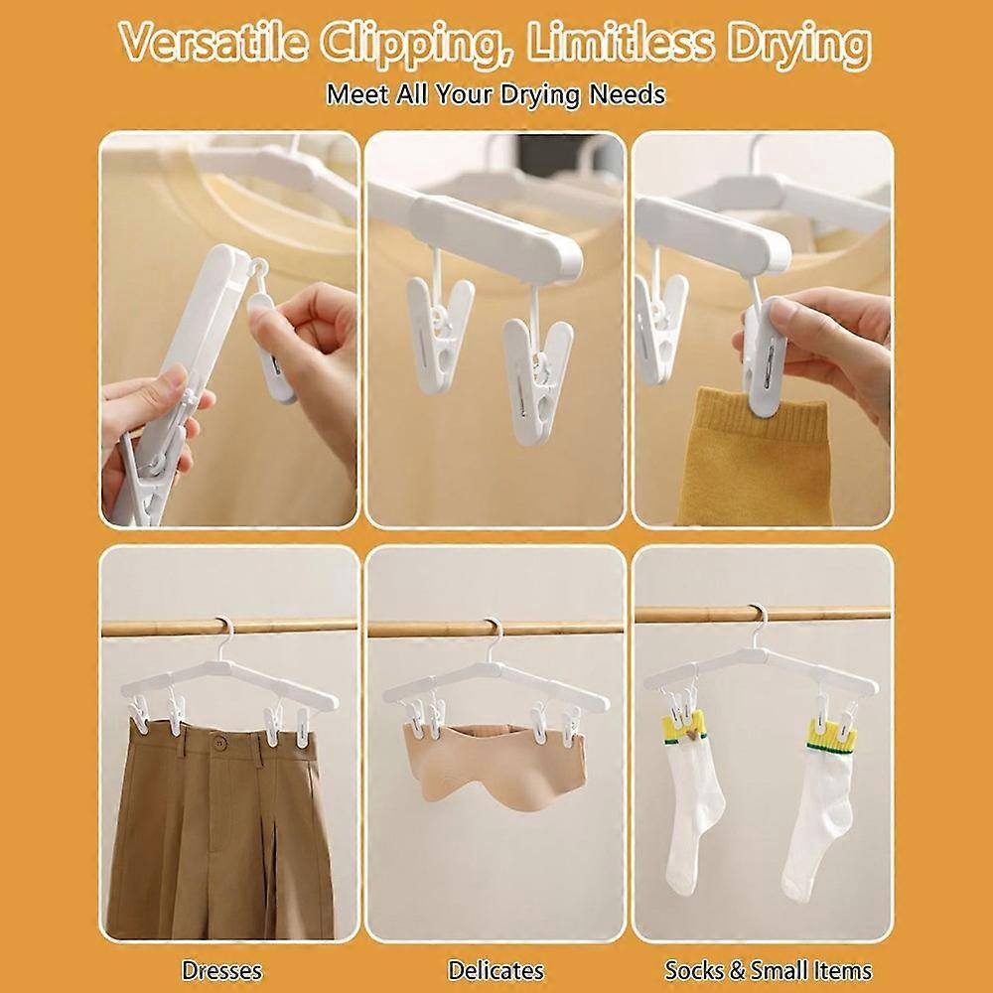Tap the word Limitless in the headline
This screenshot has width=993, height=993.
(x=620, y=43)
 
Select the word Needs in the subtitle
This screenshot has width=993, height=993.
(x=627, y=94)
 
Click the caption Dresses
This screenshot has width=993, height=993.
(x=221, y=970)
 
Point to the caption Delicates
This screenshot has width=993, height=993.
(x=496, y=970)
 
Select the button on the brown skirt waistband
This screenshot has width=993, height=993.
(x=219, y=742)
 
